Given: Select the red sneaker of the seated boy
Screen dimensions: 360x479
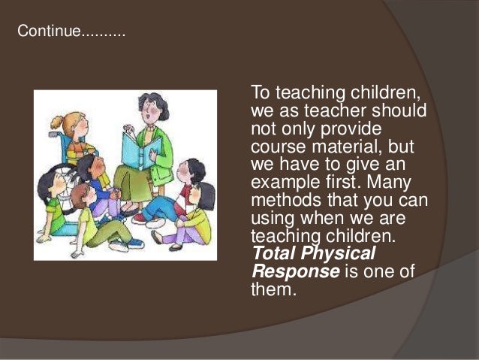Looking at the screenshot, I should click(139, 218).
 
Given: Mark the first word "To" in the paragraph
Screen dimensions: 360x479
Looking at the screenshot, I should click(260, 92).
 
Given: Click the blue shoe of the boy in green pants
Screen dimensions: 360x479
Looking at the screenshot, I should click(119, 246).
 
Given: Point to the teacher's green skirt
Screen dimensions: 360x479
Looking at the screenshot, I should click(135, 188).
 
